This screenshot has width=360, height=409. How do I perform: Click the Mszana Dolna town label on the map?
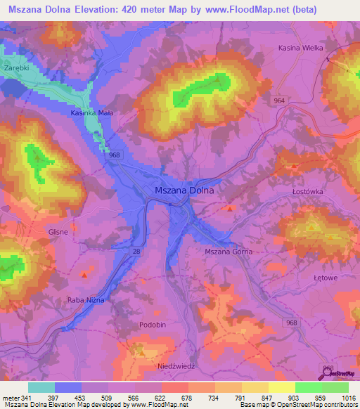pyautogui.click(x=184, y=190)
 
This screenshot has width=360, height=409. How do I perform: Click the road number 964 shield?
pyautogui.click(x=280, y=101)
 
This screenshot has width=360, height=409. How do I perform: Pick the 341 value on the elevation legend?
pyautogui.click(x=24, y=397)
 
